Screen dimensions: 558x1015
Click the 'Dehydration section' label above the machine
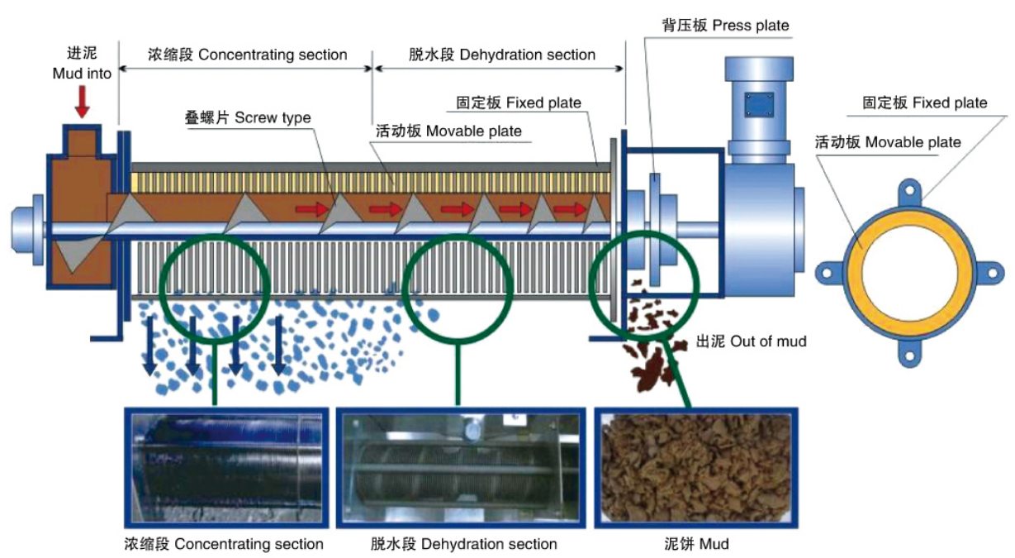(x=502, y=55)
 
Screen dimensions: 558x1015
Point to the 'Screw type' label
(x=248, y=117)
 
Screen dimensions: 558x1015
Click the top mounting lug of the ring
(x=910, y=189)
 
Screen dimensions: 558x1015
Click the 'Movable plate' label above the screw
(x=449, y=131)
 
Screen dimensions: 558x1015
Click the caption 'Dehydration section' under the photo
(x=463, y=544)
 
